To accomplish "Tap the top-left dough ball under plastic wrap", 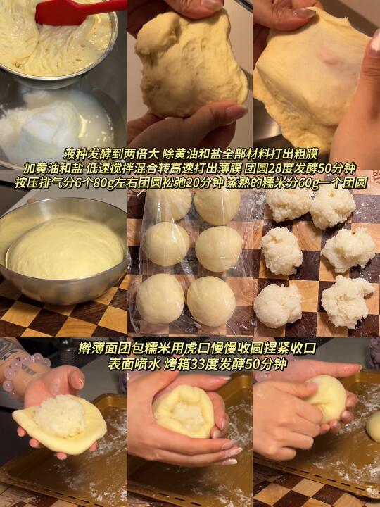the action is (168, 204).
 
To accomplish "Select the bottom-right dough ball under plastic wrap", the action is (211, 301).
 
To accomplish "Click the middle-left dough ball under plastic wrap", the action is (166, 244).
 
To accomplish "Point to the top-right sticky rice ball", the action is (333, 207).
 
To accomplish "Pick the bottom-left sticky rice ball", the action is (278, 306).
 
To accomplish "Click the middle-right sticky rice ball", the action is (348, 249).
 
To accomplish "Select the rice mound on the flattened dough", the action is (60, 416).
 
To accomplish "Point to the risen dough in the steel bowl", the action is (65, 247).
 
